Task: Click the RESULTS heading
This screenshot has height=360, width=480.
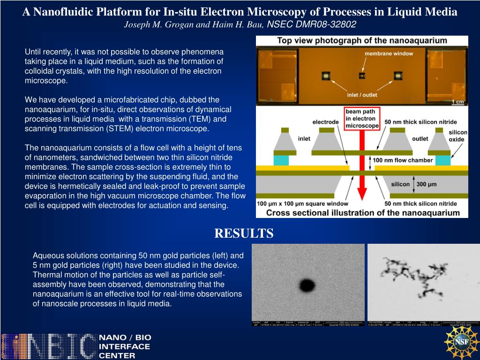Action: (x=244, y=233)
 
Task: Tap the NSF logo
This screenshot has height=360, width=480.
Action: (x=461, y=342)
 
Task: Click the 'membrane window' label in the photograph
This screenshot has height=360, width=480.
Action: (x=389, y=53)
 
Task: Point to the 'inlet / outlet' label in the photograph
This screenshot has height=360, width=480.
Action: (x=362, y=95)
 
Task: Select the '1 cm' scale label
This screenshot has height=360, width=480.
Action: (x=458, y=102)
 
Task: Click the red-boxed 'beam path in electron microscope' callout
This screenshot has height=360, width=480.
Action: (x=362, y=119)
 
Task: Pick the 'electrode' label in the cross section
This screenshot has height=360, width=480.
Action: (x=325, y=122)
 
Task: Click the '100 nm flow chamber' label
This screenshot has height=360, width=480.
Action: (x=403, y=160)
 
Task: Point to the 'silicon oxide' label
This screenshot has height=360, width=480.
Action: (x=457, y=136)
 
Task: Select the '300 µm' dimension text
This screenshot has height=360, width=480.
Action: (x=426, y=184)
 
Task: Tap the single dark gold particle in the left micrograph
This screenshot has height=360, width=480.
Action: (x=307, y=285)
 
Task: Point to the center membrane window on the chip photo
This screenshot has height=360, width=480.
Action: (x=361, y=75)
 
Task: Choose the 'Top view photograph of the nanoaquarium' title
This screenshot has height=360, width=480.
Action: (x=362, y=40)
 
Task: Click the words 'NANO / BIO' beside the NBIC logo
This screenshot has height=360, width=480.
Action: (x=125, y=337)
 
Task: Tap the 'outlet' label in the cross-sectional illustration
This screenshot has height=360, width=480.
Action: (x=420, y=138)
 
